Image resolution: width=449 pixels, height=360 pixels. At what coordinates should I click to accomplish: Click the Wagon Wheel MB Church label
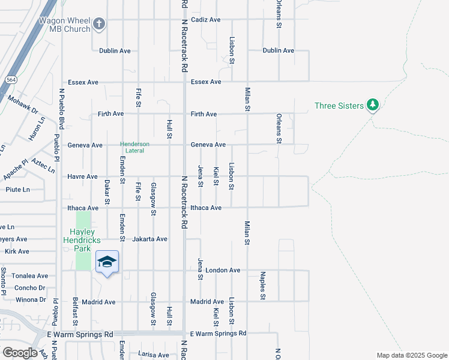tap(60, 24)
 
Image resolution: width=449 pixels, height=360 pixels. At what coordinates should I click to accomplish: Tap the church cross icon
tap(100, 25)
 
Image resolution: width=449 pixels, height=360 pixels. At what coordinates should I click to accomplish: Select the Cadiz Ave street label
tap(206, 20)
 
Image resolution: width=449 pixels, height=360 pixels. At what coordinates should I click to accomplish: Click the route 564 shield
tap(11, 79)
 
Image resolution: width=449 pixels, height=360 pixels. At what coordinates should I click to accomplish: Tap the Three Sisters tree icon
tap(373, 106)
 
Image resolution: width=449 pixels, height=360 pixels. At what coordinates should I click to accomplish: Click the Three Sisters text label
tap(339, 106)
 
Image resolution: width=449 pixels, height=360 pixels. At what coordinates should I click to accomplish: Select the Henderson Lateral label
tap(134, 148)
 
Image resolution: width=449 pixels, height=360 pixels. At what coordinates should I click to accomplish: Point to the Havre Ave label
tap(83, 177)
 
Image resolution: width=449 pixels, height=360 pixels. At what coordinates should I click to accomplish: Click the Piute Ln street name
tap(17, 190)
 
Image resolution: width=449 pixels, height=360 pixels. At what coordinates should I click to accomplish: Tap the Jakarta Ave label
tap(150, 239)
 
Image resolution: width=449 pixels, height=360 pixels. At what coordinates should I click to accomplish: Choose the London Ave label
tap(223, 271)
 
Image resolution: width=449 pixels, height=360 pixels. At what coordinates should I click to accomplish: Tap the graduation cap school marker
tap(107, 262)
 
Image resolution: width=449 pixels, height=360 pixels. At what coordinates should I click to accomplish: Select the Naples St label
tap(263, 285)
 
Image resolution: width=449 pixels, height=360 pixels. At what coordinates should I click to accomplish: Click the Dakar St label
tap(107, 192)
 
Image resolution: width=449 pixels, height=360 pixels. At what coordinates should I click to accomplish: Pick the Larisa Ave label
tap(154, 355)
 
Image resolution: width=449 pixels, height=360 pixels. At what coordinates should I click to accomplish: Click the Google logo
tap(20, 353)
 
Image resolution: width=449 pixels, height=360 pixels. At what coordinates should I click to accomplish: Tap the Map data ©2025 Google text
tap(411, 355)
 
